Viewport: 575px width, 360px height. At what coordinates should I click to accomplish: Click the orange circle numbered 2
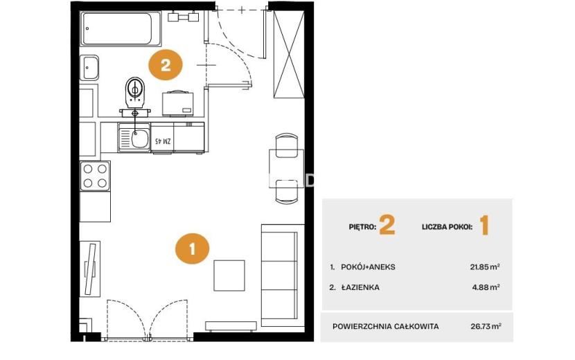tap(166, 66)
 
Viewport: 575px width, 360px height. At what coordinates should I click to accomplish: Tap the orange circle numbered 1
tap(192, 249)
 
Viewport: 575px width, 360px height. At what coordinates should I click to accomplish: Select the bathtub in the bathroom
tap(121, 29)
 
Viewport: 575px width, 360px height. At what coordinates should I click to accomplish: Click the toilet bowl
tap(135, 91)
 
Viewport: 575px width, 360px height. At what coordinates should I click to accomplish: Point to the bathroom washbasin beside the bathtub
tap(89, 68)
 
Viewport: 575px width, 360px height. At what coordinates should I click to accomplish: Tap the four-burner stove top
tap(96, 176)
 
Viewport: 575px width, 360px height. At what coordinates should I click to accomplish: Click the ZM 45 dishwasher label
tap(163, 141)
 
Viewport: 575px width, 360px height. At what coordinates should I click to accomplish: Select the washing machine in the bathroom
tap(178, 103)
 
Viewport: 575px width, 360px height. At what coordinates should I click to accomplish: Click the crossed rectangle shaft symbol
tap(289, 54)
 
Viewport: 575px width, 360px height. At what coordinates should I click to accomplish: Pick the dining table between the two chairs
tap(286, 169)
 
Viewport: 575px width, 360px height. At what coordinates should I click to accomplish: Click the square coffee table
tap(229, 276)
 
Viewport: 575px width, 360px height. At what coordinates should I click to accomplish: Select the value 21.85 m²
tap(485, 267)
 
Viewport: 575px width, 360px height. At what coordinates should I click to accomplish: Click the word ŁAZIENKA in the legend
tap(360, 287)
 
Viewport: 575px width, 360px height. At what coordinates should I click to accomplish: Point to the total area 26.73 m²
tap(486, 326)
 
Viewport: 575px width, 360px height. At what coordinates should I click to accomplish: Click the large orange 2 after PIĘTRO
tap(387, 225)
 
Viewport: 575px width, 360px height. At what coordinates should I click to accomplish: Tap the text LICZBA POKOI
tap(447, 227)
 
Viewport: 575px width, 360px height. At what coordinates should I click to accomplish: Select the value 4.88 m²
tap(486, 287)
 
